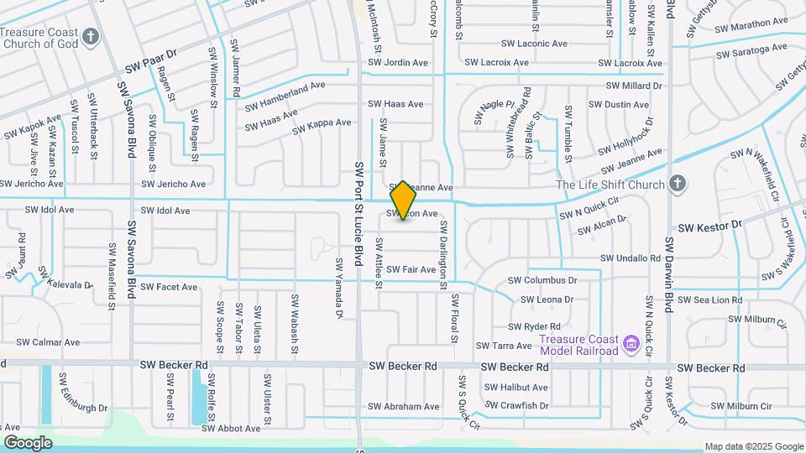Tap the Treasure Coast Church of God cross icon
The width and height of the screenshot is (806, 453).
pyautogui.click(x=91, y=37)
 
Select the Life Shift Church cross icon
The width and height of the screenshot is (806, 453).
pyautogui.click(x=679, y=185)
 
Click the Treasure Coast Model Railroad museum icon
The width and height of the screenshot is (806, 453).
pyautogui.click(x=631, y=343)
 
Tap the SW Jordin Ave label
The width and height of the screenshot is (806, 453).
pyautogui.click(x=398, y=63)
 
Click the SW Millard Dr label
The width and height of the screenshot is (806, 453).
pyautogui.click(x=635, y=86)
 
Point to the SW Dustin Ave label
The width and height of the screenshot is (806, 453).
pyautogui.click(x=619, y=105)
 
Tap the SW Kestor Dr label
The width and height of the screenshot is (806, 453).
pyautogui.click(x=710, y=226)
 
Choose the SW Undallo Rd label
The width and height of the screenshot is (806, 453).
pyautogui.click(x=631, y=258)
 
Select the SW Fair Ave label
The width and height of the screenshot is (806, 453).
pyautogui.click(x=411, y=270)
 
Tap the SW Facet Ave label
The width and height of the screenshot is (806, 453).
pyautogui.click(x=169, y=287)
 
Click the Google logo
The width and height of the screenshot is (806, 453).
pyautogui.click(x=28, y=442)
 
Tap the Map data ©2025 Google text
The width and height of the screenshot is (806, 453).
pyautogui.click(x=753, y=446)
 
